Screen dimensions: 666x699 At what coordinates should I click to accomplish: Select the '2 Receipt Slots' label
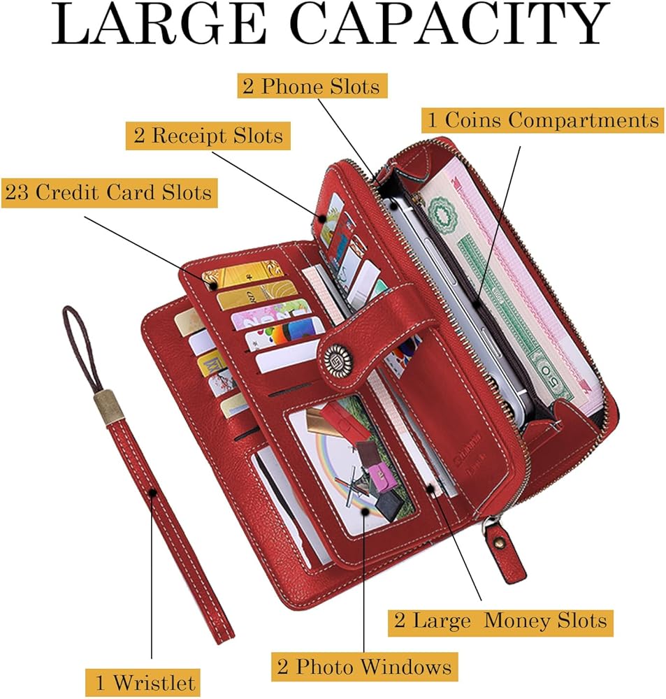(208, 135)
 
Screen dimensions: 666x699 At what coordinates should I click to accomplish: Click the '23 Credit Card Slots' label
(108, 192)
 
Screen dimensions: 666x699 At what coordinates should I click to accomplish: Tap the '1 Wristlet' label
(144, 682)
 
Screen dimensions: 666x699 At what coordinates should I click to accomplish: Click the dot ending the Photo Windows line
(365, 512)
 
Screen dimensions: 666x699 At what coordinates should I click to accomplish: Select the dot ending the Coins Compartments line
(476, 303)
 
